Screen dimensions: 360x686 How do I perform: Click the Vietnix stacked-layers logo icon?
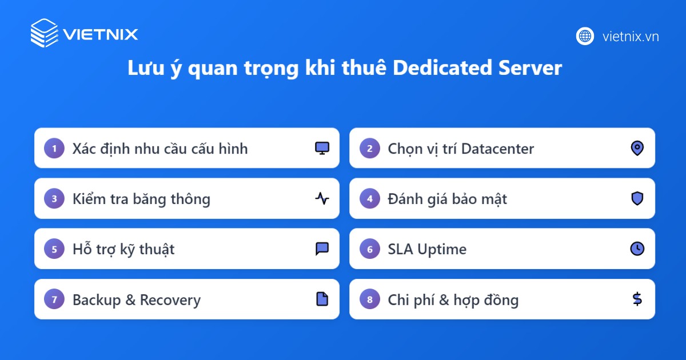[44, 33]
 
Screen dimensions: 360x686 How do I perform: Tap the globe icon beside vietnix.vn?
[585, 36]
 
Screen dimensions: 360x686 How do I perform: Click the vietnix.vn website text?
[631, 37]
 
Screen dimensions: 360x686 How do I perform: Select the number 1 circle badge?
[54, 149]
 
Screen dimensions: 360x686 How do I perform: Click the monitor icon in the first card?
[322, 149]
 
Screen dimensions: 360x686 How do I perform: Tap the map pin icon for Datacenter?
[637, 149]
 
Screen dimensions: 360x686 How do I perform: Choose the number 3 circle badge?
[54, 199]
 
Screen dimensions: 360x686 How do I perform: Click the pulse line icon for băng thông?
[322, 199]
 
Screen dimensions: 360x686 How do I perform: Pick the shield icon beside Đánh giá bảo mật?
[637, 198]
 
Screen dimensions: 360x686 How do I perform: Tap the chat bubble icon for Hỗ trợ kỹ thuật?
[322, 249]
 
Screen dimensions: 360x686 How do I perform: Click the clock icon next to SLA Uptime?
[637, 249]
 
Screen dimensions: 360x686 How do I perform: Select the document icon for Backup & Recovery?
[322, 299]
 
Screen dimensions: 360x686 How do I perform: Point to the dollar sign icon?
[637, 299]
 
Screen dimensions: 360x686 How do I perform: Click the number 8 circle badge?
[370, 299]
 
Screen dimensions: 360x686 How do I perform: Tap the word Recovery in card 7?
[170, 300]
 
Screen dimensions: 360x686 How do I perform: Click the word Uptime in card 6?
[441, 250]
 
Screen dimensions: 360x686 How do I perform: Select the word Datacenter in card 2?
[497, 149]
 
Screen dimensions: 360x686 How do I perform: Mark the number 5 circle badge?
[54, 249]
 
